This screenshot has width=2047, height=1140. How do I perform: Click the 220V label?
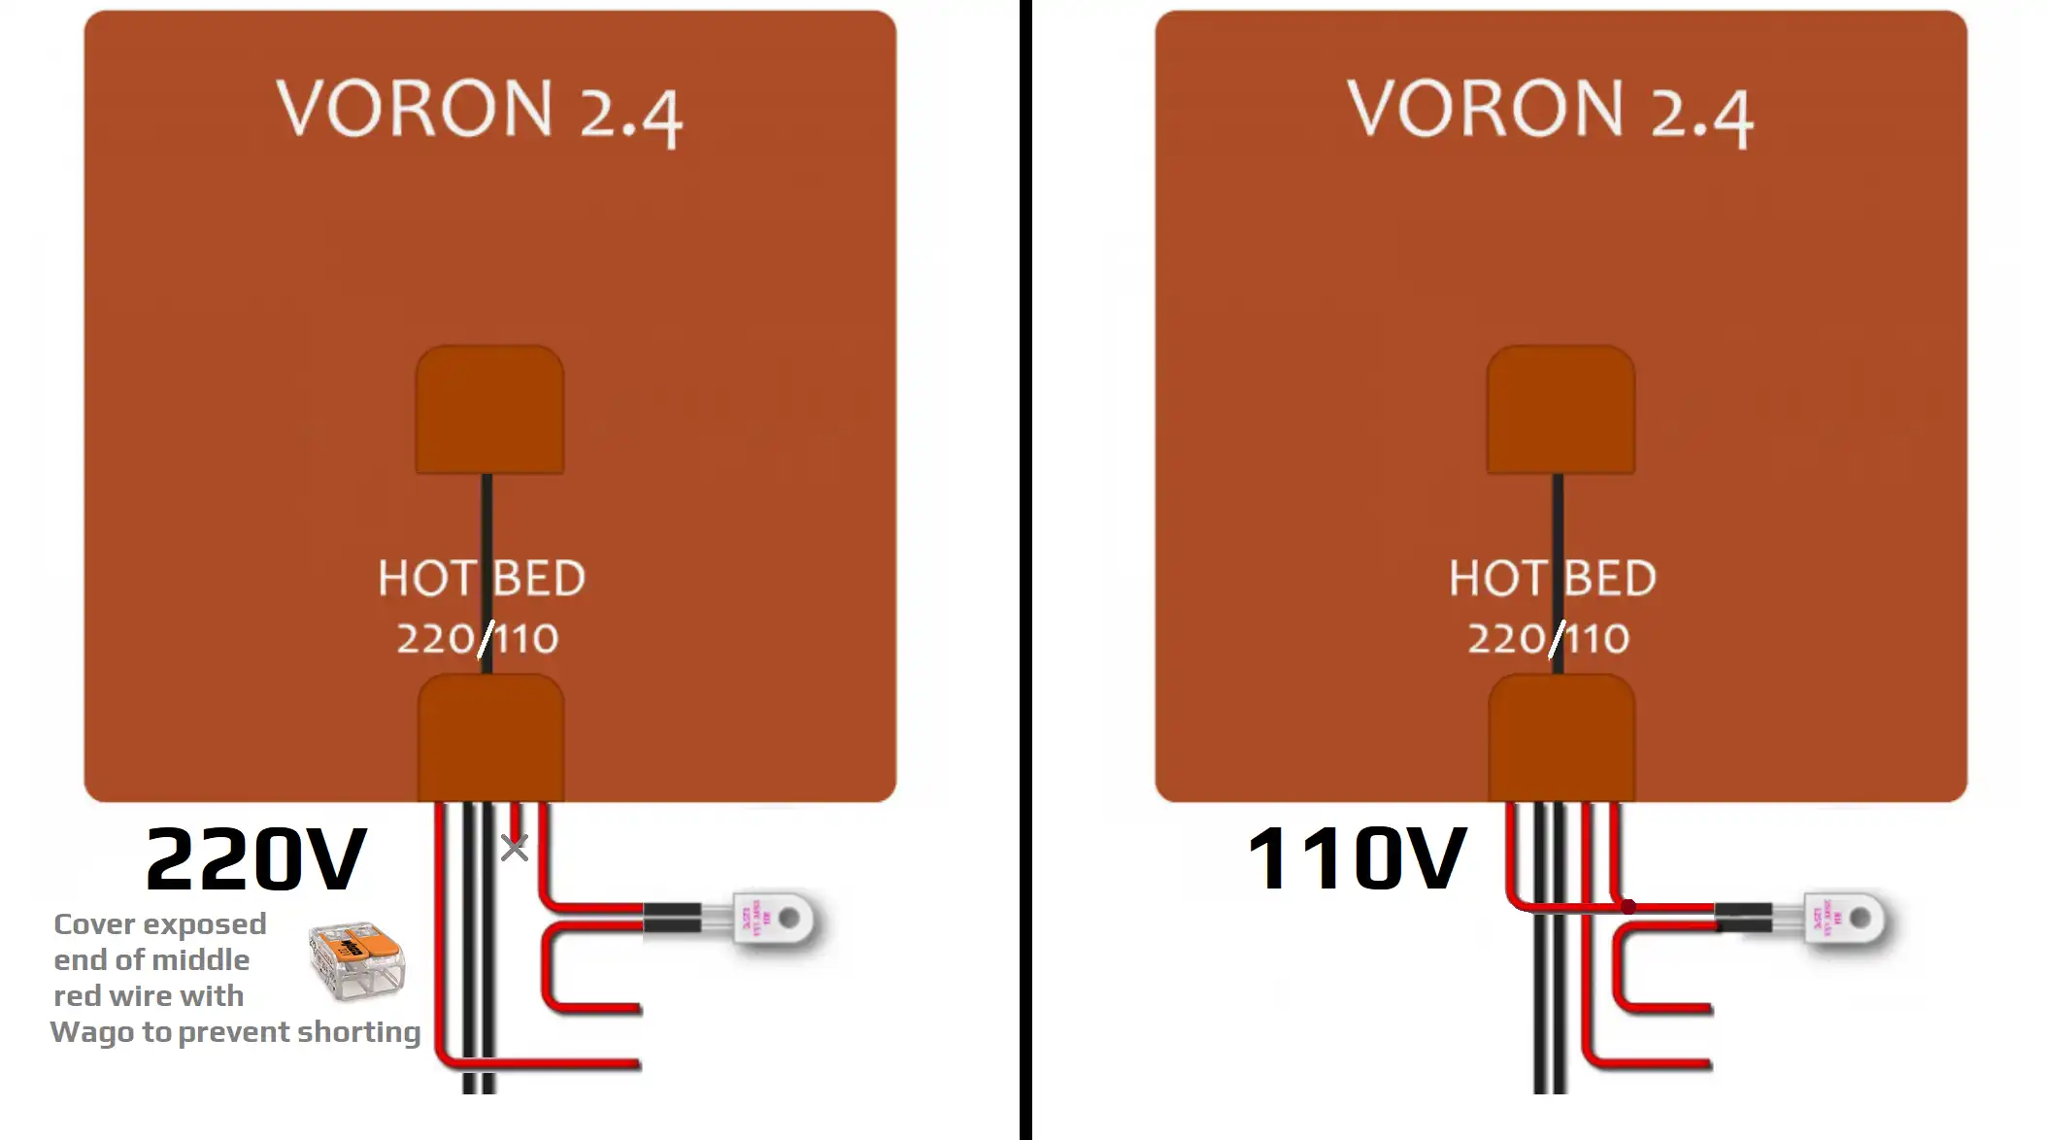(x=256, y=860)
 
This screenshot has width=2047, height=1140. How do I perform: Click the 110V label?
(x=1357, y=858)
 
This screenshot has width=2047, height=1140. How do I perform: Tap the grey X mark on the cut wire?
(x=515, y=848)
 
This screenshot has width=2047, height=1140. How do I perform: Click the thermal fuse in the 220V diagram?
(x=777, y=918)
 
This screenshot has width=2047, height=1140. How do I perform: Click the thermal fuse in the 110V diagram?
(x=1847, y=919)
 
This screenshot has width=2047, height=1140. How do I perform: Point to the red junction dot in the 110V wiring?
(x=1628, y=907)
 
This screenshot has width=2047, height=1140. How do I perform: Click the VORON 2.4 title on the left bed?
(x=480, y=111)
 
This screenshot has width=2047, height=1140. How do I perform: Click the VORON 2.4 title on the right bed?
(x=1550, y=111)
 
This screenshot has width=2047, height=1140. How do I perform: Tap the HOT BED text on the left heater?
(x=482, y=579)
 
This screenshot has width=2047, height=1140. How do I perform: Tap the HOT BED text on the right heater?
(x=1553, y=579)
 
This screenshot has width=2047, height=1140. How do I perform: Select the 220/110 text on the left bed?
(x=478, y=639)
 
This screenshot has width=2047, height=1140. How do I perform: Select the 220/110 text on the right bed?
(x=1549, y=639)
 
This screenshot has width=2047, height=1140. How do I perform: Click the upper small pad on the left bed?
(x=489, y=410)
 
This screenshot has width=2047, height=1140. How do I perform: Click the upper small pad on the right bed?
(x=1560, y=410)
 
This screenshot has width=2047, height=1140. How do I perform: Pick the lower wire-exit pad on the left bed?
(x=490, y=738)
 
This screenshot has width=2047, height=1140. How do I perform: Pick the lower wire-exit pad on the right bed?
(x=1561, y=738)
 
